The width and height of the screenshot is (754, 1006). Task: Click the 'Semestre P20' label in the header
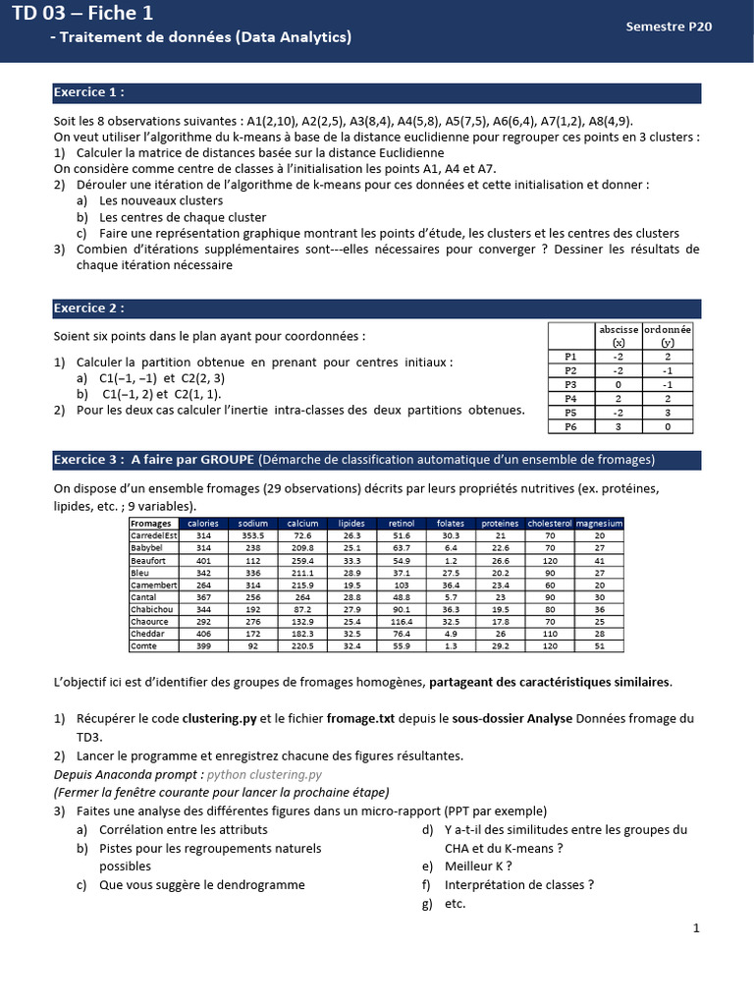pyautogui.click(x=669, y=28)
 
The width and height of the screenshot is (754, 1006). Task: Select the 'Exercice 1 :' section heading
pyautogui.click(x=89, y=92)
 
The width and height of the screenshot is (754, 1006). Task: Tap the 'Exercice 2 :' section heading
pyautogui.click(x=89, y=308)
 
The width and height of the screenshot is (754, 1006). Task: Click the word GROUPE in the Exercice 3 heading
pyautogui.click(x=224, y=460)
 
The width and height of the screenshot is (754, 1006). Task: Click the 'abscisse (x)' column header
pyautogui.click(x=619, y=336)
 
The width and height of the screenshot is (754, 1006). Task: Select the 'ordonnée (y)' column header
pyautogui.click(x=668, y=336)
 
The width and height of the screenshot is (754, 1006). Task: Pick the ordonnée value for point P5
pyautogui.click(x=668, y=413)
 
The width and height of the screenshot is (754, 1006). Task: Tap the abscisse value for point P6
pyautogui.click(x=619, y=426)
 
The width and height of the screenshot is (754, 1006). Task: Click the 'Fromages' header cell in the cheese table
pyautogui.click(x=151, y=524)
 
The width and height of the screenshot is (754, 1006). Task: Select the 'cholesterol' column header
pyautogui.click(x=550, y=524)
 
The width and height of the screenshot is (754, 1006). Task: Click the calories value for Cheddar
pyautogui.click(x=204, y=635)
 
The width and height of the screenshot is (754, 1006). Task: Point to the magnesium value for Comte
pyautogui.click(x=600, y=646)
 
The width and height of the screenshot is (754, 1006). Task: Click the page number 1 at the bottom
pyautogui.click(x=695, y=928)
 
